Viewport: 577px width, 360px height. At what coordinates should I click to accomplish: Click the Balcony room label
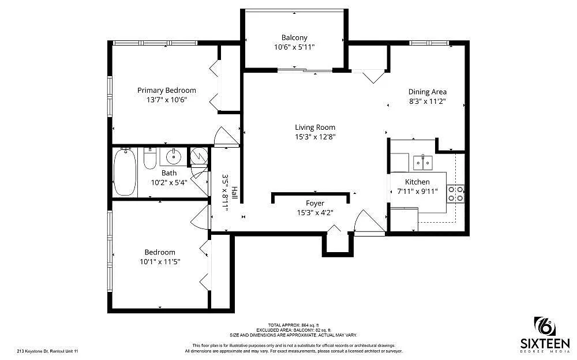coord(294,37)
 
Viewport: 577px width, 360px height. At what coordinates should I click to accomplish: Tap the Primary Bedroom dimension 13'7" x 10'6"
coord(166,100)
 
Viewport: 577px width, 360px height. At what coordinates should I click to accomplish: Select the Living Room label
coord(315,127)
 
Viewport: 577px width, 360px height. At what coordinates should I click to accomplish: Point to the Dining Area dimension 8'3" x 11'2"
coord(428,102)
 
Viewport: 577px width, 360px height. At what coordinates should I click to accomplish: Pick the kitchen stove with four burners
coord(456,193)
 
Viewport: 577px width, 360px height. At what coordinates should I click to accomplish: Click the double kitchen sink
coord(424,162)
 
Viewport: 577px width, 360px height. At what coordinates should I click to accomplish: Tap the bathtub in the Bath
coord(125,172)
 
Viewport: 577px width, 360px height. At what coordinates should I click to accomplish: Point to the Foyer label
coord(315,203)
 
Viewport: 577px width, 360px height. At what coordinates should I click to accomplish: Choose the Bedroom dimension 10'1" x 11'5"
coord(160,262)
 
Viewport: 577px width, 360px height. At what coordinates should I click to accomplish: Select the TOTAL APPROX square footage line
coord(293,325)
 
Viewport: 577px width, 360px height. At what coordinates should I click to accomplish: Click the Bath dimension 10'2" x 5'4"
coord(169,182)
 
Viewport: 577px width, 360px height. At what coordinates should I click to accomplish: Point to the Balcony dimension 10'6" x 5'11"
coord(294,47)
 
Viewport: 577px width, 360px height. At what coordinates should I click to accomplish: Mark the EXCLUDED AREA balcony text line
coord(293,330)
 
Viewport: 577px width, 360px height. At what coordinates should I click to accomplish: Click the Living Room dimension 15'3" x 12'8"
coord(315,137)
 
